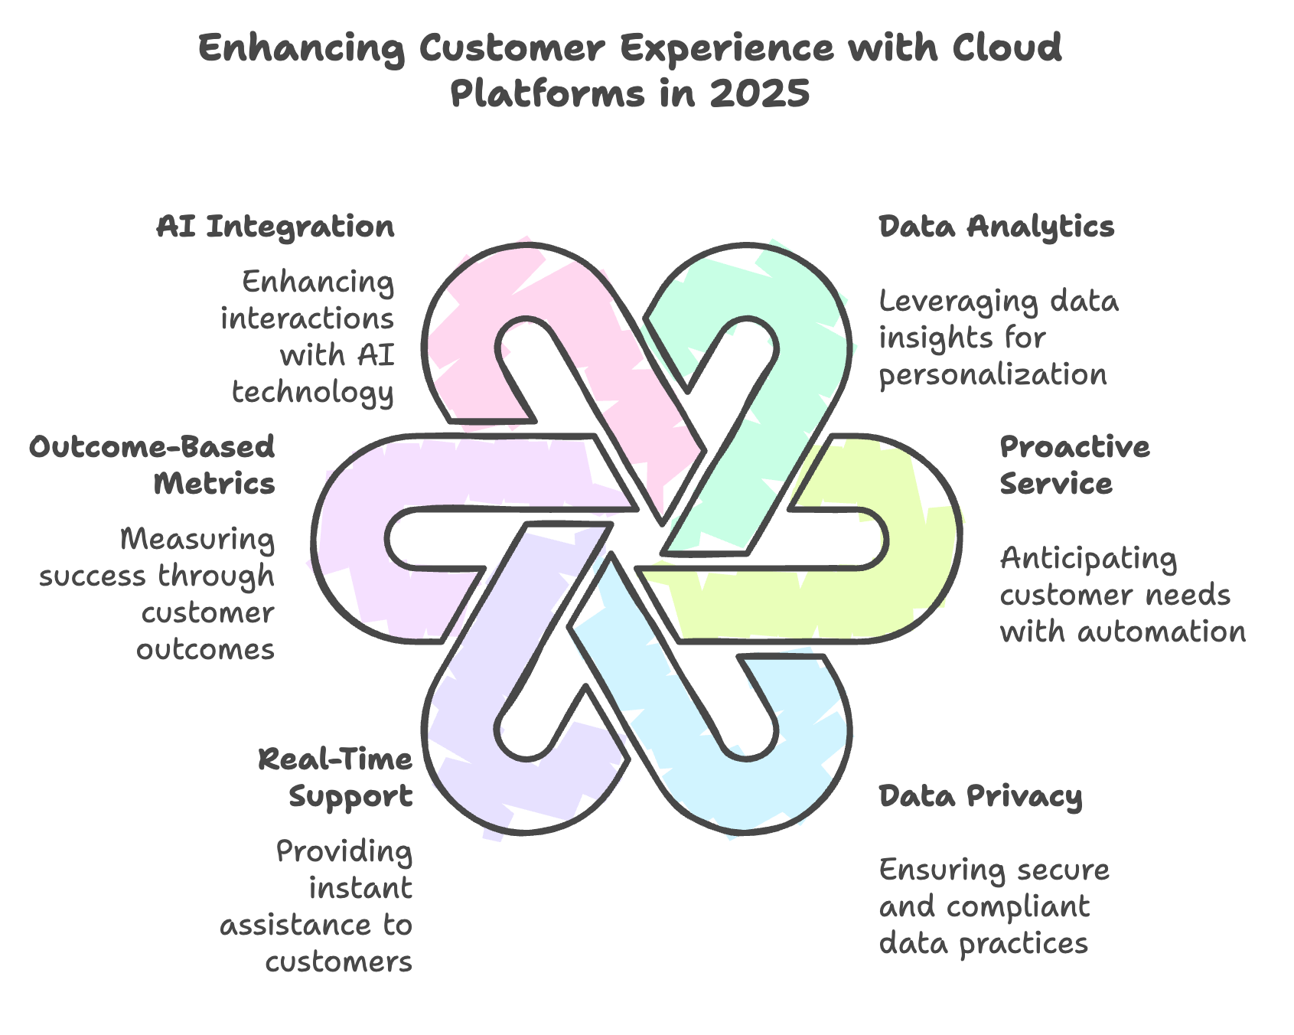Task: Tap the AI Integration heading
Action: tap(275, 227)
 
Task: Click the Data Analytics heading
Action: tap(996, 227)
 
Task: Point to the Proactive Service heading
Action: tap(1075, 465)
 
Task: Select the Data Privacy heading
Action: tap(980, 796)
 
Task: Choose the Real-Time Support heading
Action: tap(336, 778)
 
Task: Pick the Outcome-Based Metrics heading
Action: tap(152, 465)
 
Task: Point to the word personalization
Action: tap(993, 375)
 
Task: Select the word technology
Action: tap(313, 392)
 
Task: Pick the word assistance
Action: tap(297, 925)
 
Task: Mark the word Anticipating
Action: tap(1088, 559)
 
